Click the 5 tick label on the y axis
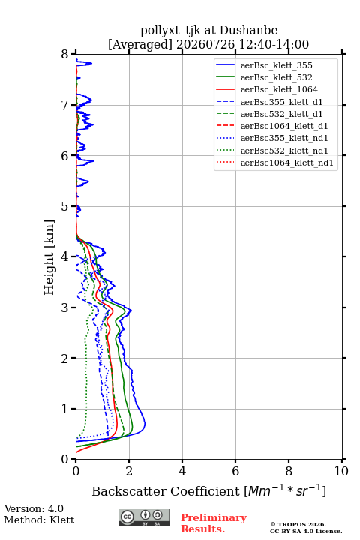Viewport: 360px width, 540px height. pos(65,206)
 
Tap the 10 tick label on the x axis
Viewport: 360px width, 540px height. pos(341,471)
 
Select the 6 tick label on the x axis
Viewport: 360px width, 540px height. pos(235,471)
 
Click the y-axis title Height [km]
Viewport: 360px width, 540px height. pos(49,257)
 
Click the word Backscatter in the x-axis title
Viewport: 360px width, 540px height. pos(129,491)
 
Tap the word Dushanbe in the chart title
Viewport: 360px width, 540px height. pos(249,31)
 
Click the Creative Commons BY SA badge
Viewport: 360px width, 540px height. pos(144,517)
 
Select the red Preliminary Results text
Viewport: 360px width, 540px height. pos(214,523)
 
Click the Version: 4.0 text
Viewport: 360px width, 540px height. pos(34,508)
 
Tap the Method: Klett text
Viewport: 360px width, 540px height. pos(39,520)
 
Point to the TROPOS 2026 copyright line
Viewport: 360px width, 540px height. pos(298,524)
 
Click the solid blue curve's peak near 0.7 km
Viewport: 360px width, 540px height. pos(145,423)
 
